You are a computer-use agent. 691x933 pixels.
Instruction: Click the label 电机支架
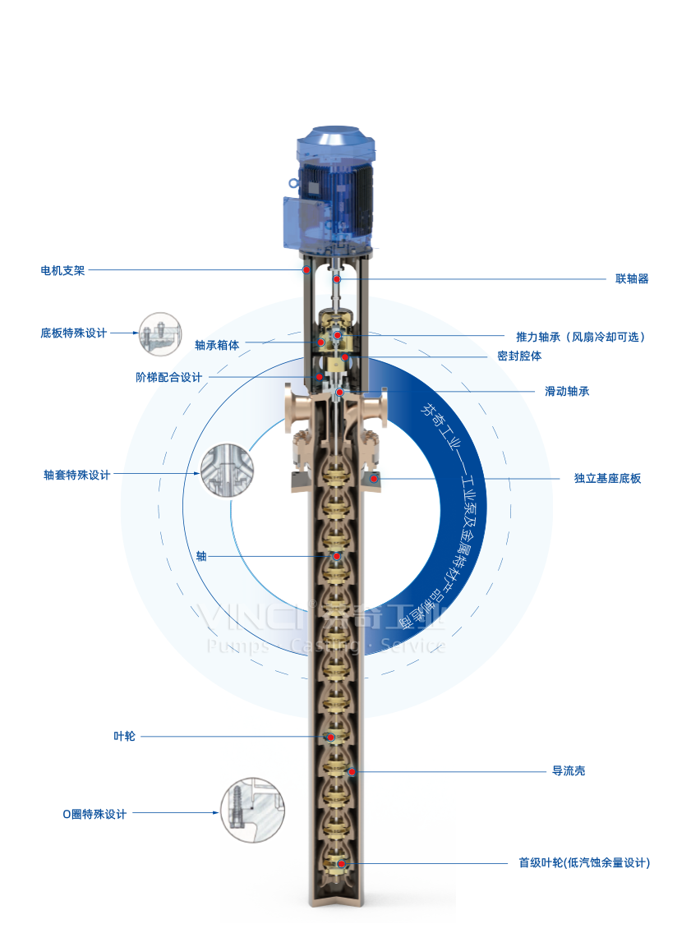[62, 270]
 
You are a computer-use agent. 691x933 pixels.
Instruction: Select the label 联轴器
[632, 279]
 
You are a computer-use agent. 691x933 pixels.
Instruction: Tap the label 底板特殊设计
[74, 333]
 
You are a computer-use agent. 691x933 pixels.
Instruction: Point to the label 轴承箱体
[217, 345]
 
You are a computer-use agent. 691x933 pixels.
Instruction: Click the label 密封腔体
[519, 356]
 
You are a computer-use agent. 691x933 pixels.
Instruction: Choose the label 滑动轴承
[567, 392]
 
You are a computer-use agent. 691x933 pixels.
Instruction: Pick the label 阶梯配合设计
[168, 378]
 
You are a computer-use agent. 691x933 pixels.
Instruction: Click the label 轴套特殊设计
[76, 475]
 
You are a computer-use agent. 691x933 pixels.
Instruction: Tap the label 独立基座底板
[607, 478]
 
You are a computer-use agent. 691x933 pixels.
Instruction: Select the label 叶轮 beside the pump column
[124, 737]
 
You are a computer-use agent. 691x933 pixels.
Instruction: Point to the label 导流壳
[569, 771]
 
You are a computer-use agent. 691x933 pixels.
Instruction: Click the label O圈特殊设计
[94, 814]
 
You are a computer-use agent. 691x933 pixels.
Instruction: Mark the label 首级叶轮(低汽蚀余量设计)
[583, 863]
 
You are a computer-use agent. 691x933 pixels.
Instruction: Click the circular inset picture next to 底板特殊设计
[159, 335]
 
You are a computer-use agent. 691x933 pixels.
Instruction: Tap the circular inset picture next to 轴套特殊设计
[224, 471]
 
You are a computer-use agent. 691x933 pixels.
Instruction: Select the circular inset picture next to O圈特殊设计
[250, 809]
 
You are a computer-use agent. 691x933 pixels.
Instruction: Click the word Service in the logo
[413, 646]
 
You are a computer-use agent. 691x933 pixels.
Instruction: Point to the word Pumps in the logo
[239, 646]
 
